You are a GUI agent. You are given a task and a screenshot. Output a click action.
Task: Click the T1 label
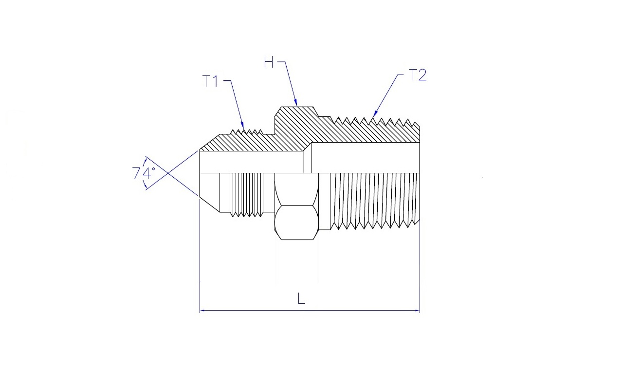coord(210,81)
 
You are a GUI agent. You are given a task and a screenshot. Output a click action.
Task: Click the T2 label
coord(418,75)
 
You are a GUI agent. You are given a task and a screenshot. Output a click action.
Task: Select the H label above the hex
coord(269,62)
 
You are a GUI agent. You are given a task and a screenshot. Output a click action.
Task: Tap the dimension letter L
coord(301,298)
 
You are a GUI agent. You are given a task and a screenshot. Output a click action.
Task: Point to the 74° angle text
coord(144,173)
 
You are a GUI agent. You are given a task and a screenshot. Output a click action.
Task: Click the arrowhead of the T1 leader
coord(242,126)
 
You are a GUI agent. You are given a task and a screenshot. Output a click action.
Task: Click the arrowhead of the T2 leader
coord(375,113)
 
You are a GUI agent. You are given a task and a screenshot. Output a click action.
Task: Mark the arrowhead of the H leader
coord(296,103)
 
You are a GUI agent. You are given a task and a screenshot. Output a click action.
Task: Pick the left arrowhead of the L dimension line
coord(203,311)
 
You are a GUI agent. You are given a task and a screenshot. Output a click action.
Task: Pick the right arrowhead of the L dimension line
coord(416,311)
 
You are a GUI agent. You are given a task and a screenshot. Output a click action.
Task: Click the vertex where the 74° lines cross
coord(167,173)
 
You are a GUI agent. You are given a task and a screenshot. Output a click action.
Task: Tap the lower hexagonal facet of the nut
coord(296,222)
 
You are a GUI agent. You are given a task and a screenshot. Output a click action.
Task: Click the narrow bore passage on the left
coord(252,162)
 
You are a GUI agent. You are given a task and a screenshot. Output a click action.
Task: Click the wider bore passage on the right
coord(366,158)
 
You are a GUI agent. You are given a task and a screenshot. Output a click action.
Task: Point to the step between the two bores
coord(307,158)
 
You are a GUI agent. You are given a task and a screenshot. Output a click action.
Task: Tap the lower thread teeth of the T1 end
coord(246,214)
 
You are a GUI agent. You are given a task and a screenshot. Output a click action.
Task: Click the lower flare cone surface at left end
coord(210,204)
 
